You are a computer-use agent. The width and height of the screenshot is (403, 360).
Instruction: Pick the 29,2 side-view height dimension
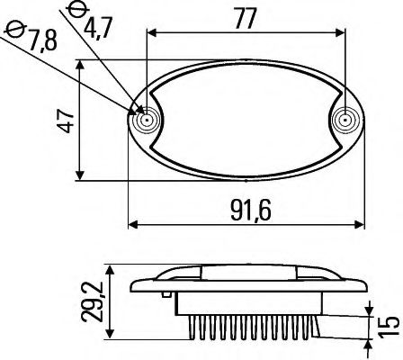click(89, 303)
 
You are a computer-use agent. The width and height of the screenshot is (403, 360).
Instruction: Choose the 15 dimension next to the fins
click(389, 325)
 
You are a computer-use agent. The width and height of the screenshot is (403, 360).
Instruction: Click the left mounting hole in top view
click(144, 120)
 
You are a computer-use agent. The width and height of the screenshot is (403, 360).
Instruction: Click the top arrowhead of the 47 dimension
click(81, 65)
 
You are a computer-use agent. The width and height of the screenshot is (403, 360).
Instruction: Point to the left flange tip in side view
click(130, 290)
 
